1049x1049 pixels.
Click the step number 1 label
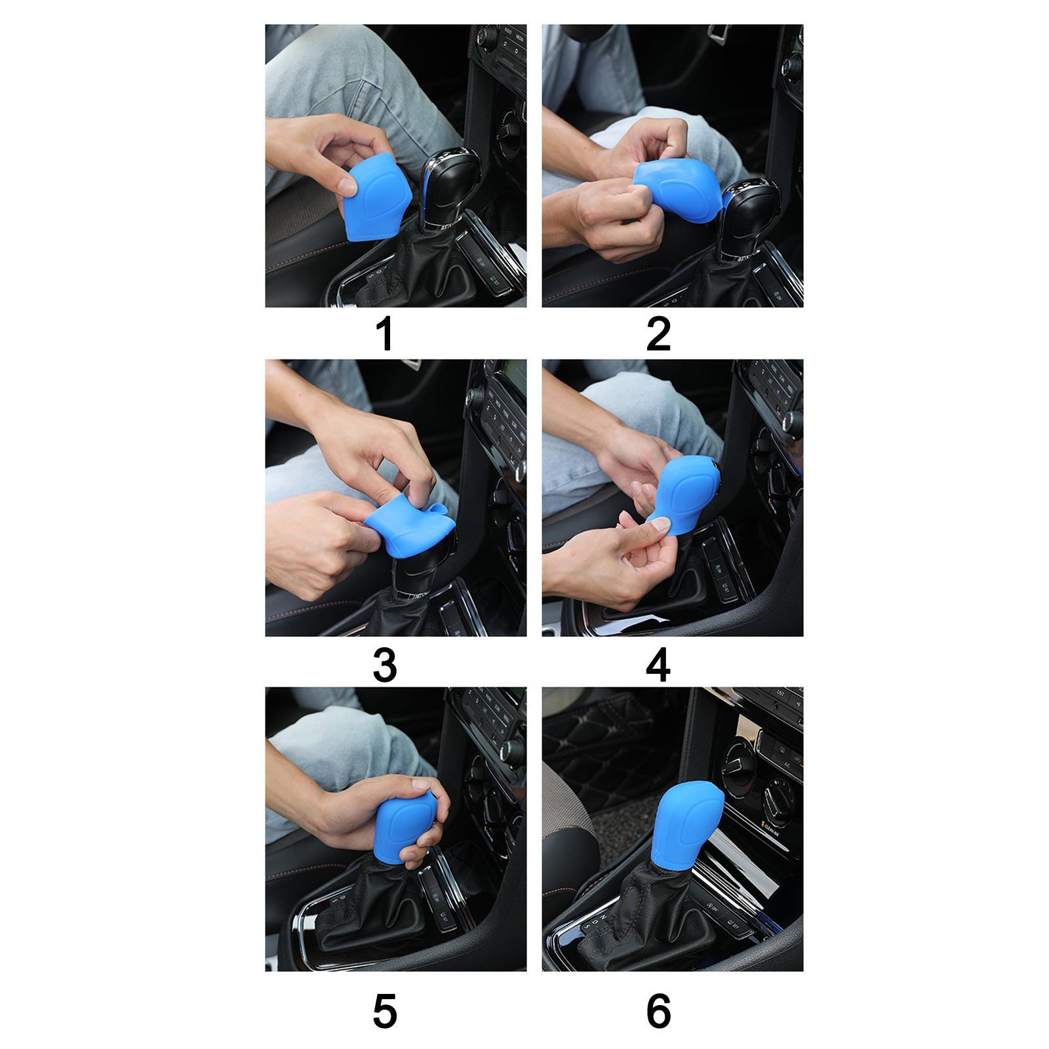tap(385, 334)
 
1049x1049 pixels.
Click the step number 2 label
tap(658, 334)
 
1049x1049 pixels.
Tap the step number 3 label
tap(385, 665)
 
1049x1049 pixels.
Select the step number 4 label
tap(658, 665)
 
